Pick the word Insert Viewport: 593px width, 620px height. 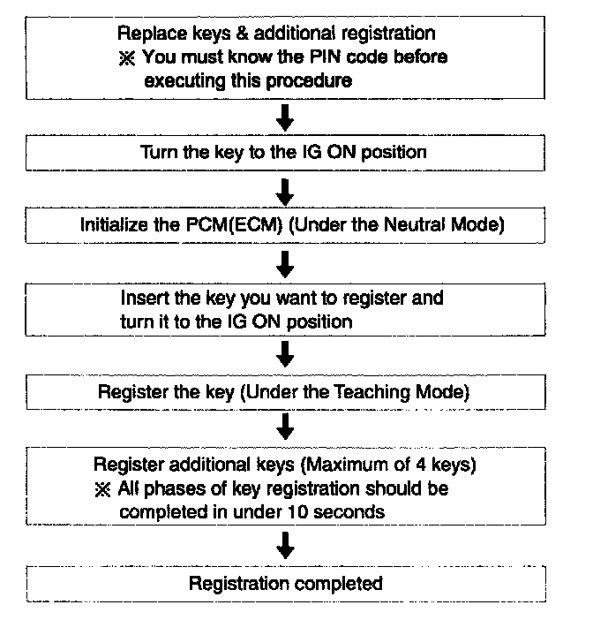click(x=142, y=299)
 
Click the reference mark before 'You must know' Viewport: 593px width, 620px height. click(x=126, y=57)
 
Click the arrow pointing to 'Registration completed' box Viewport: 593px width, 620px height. click(x=285, y=548)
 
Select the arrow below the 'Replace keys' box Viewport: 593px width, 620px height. click(x=285, y=117)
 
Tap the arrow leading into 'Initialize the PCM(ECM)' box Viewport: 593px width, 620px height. click(x=285, y=190)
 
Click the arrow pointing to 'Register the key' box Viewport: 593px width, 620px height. click(x=285, y=353)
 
